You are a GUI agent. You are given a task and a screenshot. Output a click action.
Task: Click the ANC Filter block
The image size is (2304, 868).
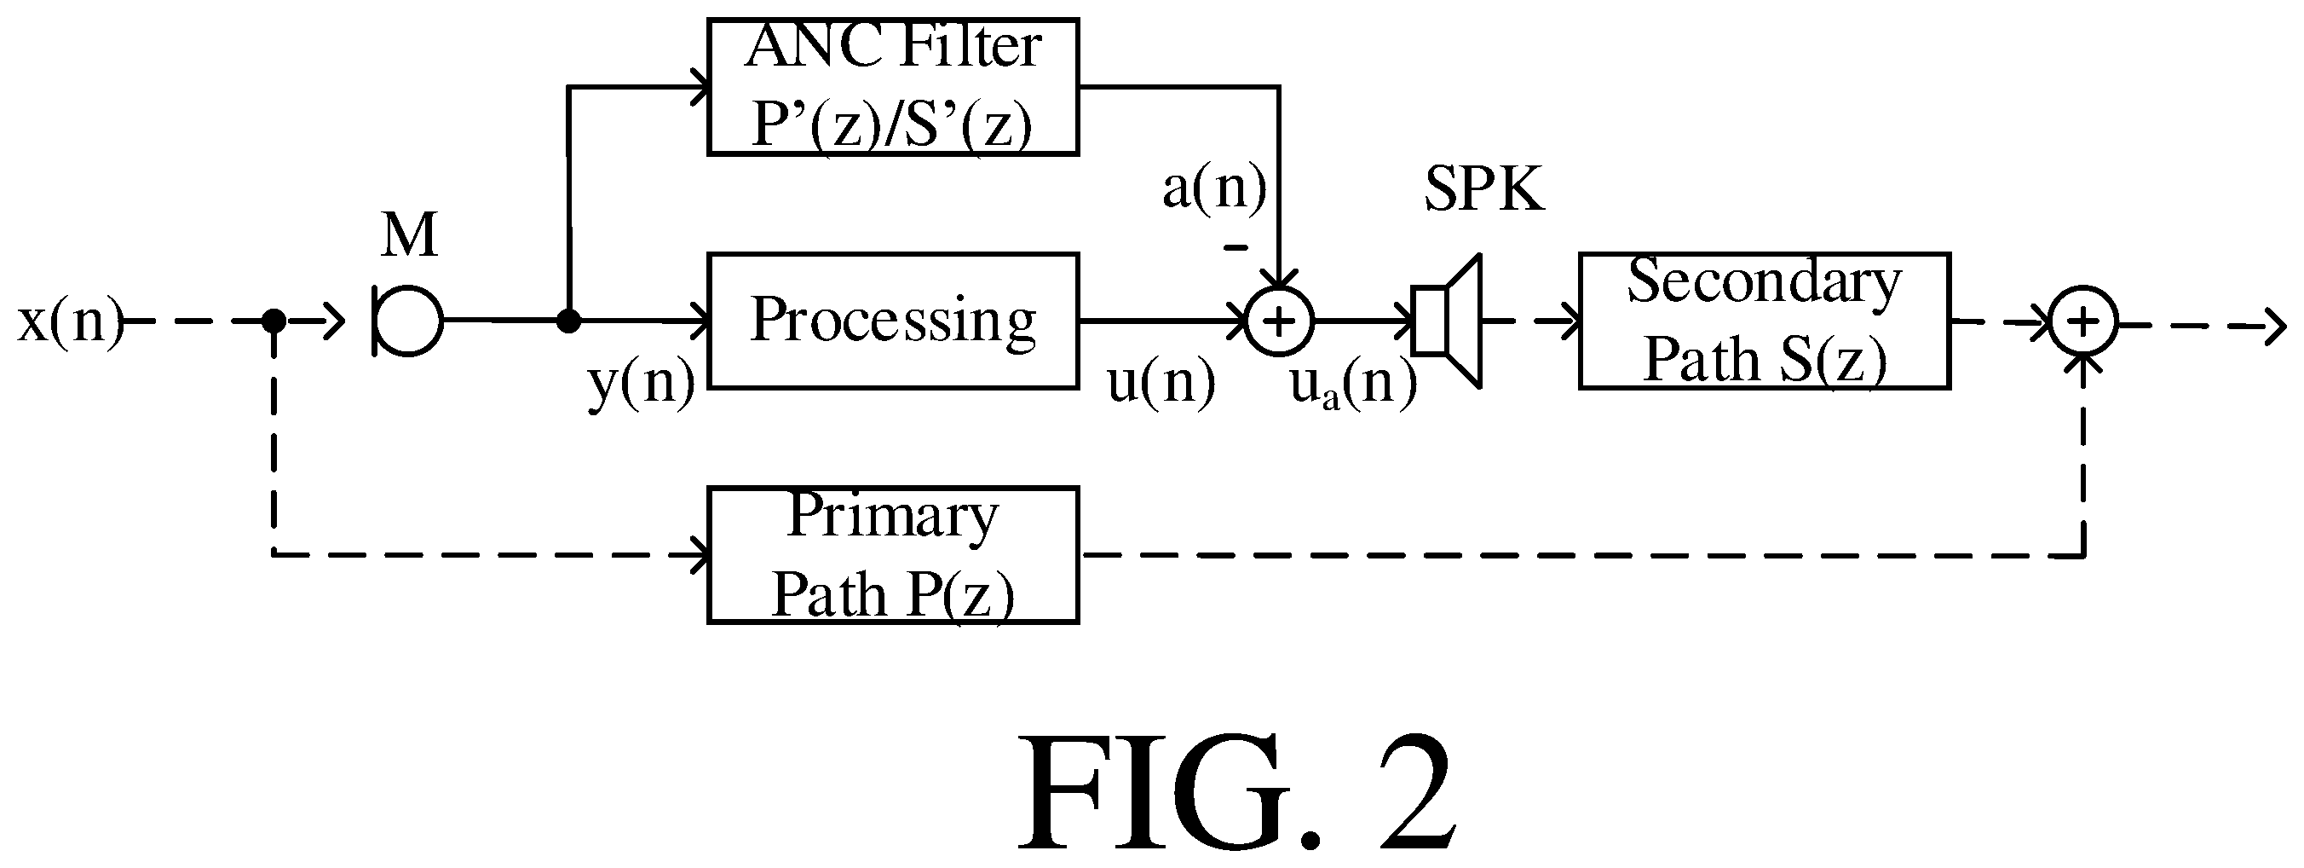[893, 87]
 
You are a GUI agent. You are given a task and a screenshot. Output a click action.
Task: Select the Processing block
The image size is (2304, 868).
[893, 321]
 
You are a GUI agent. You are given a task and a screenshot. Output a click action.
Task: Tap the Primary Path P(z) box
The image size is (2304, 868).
[893, 555]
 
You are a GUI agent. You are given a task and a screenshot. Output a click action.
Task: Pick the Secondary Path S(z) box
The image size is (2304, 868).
[1764, 321]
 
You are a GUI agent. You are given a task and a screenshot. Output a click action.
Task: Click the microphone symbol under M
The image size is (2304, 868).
[408, 321]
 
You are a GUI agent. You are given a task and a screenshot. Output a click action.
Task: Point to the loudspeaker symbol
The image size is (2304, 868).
[1446, 321]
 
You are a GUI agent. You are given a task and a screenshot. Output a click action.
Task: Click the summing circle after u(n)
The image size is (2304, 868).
[1279, 321]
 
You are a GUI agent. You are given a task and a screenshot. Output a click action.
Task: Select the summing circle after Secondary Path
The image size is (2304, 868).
[2083, 321]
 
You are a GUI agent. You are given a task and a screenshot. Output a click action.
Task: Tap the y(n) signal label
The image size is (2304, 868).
[642, 383]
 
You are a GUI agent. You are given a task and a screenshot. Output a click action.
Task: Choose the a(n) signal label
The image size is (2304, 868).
[1213, 188]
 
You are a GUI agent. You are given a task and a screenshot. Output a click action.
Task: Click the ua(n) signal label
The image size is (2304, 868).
[1353, 384]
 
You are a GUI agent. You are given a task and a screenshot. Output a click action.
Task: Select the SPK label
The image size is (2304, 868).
[1483, 189]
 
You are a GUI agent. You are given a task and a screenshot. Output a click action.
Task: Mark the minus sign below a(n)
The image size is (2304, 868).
[1236, 247]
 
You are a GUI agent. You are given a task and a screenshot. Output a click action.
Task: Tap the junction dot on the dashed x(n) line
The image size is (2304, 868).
[274, 321]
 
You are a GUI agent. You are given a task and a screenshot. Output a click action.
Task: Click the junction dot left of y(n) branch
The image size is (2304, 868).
[568, 321]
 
